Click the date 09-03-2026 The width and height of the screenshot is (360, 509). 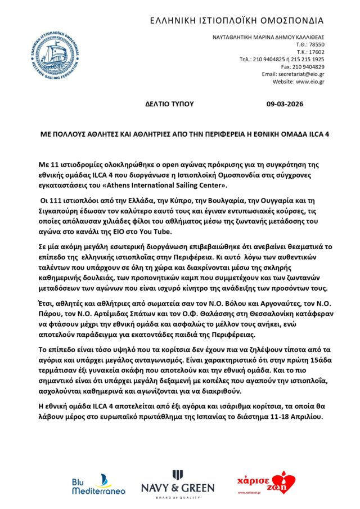click(289, 104)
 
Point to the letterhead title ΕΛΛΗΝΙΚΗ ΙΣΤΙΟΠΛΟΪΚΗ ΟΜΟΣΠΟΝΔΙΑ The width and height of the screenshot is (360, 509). click(237, 21)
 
